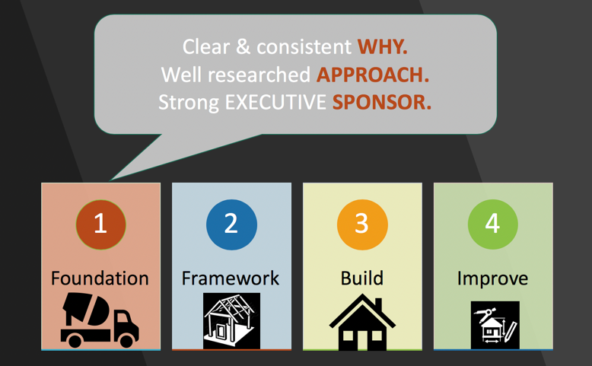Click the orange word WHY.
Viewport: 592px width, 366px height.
[383, 47]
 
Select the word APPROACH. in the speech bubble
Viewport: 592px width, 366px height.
[373, 75]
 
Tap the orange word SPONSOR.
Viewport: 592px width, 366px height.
[382, 103]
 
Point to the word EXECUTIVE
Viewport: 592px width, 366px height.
[275, 103]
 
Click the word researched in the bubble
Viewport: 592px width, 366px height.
[259, 75]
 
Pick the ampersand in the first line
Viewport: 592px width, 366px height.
[243, 47]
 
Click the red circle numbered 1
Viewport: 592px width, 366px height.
[100, 224]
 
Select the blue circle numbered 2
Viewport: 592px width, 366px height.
[231, 224]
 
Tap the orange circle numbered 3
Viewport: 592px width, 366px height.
[362, 224]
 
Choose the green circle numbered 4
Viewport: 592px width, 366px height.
[493, 224]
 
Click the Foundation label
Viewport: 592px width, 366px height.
[100, 278]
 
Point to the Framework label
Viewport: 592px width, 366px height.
[231, 278]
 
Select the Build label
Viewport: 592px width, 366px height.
[362, 278]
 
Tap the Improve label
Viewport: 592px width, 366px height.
[493, 279]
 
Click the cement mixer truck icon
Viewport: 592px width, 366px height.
[100, 320]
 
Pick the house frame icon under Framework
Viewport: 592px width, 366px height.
[231, 321]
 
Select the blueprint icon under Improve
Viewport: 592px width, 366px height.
[495, 325]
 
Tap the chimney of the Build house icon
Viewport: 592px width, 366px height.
[378, 305]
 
